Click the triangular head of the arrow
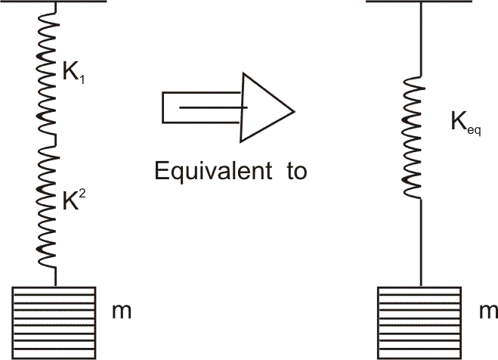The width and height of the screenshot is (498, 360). [264, 107]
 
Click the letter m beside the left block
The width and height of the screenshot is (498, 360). [119, 310]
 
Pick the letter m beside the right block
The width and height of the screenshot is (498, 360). [489, 310]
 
